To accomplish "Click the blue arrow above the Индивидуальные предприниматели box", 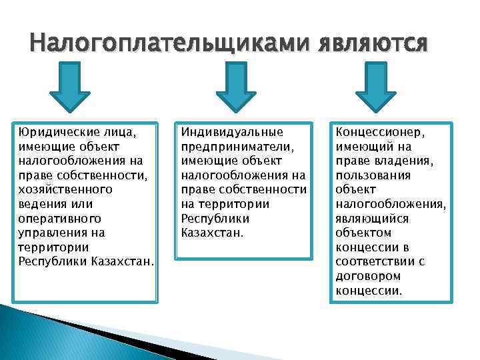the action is click(231, 87).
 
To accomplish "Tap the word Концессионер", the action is click(380, 132).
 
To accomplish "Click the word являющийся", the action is click(372, 219).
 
